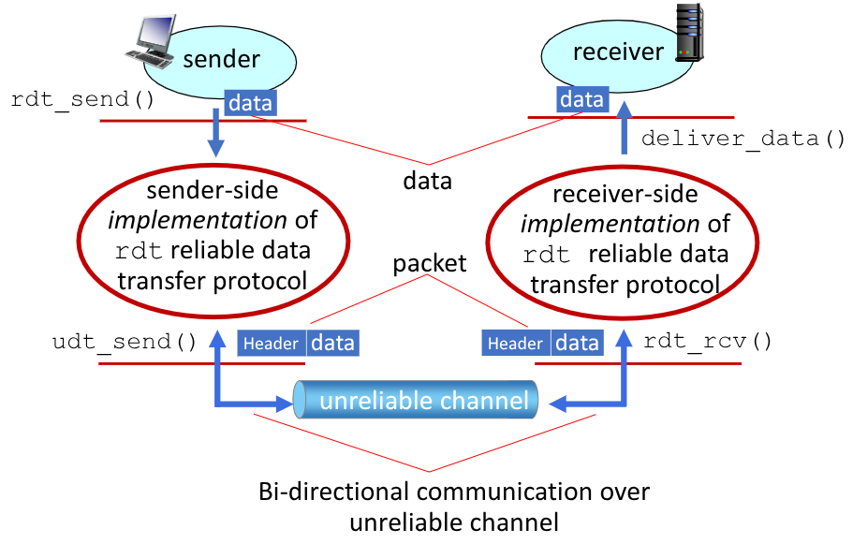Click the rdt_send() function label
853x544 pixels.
click(82, 99)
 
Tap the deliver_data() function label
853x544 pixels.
click(743, 140)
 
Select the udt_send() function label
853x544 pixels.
click(124, 342)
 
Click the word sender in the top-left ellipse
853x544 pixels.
click(221, 60)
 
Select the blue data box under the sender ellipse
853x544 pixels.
click(250, 103)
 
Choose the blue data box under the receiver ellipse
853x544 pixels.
click(581, 99)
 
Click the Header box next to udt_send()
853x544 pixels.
click(271, 344)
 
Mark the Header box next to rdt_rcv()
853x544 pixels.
click(515, 344)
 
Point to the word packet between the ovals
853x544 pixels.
click(430, 263)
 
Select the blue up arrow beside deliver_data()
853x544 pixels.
click(625, 129)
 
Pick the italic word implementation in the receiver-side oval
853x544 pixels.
click(610, 225)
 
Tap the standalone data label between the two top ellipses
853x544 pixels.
click(427, 181)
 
